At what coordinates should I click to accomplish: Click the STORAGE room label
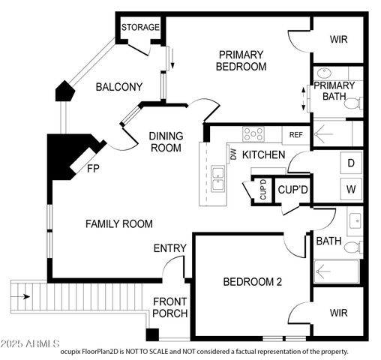[x=140, y=28]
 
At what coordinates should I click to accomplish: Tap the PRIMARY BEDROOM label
[x=241, y=60]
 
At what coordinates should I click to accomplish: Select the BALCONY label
[x=118, y=88]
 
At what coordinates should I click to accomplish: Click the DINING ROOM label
[x=165, y=142]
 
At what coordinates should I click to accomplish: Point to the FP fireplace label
[x=94, y=168]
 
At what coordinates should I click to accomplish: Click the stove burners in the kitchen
[x=253, y=134]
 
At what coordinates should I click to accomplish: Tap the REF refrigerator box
[x=295, y=135]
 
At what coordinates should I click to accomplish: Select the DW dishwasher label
[x=233, y=155]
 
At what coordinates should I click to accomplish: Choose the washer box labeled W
[x=350, y=188]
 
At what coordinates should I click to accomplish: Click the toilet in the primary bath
[x=351, y=104]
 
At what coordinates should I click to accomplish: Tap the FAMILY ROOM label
[x=118, y=223]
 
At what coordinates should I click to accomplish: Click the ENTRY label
[x=169, y=248]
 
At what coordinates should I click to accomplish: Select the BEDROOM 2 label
[x=253, y=282]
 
